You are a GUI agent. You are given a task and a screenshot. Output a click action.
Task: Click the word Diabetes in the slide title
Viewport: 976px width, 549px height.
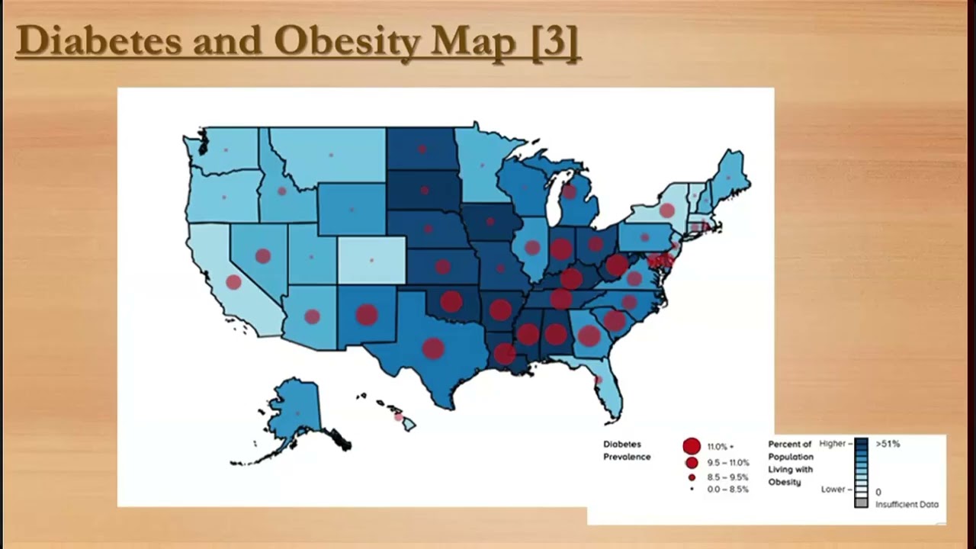(x=98, y=41)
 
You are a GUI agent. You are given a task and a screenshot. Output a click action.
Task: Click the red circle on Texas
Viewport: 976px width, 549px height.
(x=433, y=348)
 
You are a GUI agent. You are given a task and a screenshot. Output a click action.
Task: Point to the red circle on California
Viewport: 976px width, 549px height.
(x=233, y=282)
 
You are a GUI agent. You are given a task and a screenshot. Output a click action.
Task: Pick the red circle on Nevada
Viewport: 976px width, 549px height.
(x=263, y=256)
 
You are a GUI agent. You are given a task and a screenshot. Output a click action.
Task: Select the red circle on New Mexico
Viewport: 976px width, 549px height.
(x=367, y=314)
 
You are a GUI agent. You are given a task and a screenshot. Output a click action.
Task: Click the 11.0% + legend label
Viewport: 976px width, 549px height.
(x=720, y=447)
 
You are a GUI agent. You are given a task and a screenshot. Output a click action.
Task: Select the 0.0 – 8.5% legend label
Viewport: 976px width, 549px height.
(x=727, y=490)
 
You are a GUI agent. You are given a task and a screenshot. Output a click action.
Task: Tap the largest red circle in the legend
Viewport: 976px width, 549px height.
(x=692, y=447)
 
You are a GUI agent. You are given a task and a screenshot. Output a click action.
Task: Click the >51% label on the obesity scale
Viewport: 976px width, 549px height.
(x=888, y=443)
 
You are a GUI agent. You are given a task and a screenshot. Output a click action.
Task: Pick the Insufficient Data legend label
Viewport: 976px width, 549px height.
(x=907, y=504)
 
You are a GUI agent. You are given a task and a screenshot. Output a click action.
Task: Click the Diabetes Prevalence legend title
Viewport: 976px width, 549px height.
(x=627, y=451)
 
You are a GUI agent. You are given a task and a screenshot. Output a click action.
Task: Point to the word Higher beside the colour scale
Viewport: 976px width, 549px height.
(x=833, y=443)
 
